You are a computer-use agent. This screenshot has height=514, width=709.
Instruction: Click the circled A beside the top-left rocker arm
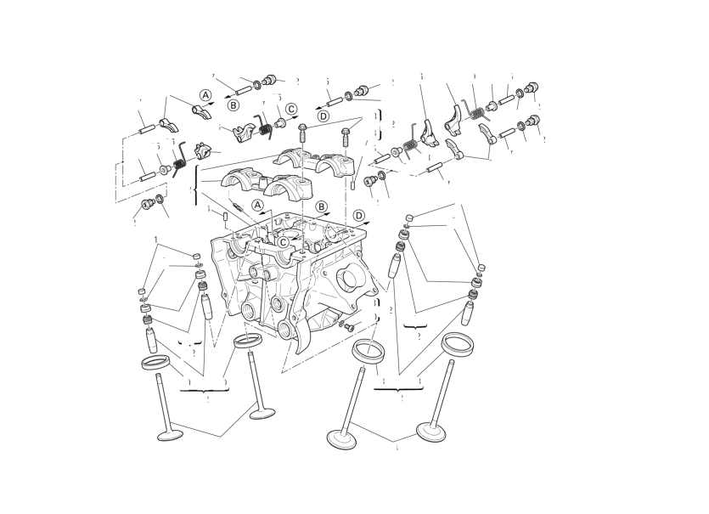click(205, 94)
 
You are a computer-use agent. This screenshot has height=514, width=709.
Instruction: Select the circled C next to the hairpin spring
click(291, 109)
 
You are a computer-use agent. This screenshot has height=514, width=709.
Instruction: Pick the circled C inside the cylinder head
click(283, 241)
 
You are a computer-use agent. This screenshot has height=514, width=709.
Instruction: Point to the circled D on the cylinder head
click(359, 215)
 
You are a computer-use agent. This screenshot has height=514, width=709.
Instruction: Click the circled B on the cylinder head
click(322, 206)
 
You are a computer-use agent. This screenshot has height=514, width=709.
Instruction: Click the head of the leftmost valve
click(171, 435)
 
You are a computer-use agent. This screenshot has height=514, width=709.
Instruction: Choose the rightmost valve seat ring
click(458, 342)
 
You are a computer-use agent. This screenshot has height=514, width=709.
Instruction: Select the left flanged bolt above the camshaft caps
click(303, 129)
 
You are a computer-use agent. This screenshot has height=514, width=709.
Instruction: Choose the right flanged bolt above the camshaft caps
click(346, 133)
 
